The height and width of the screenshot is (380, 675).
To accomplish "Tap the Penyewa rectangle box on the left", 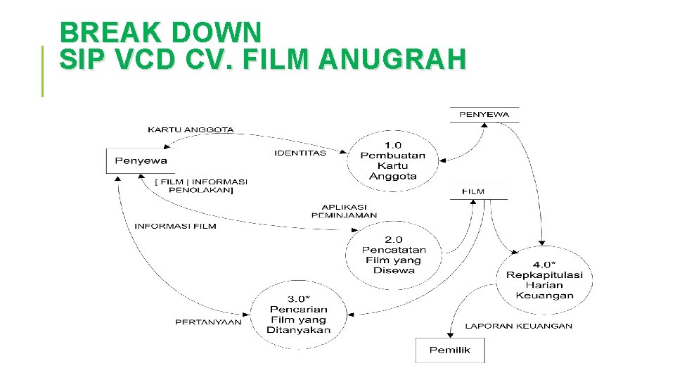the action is tap(141, 160).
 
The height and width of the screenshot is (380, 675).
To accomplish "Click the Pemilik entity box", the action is tap(449, 350).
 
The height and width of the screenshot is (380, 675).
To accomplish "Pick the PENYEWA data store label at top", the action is tap(484, 114).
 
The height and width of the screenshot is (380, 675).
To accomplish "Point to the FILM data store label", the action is tap(473, 191).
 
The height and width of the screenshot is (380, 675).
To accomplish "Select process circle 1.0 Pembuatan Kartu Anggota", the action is tap(392, 160).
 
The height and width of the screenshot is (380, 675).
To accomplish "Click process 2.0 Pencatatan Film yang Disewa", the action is tap(393, 255).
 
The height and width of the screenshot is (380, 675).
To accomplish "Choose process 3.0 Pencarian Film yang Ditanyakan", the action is tap(298, 315).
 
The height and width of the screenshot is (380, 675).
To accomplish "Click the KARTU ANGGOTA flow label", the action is tap(191, 129).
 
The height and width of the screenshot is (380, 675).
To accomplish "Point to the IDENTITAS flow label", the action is tap(300, 153).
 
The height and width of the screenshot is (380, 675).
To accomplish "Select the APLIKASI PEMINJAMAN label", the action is tap(344, 211).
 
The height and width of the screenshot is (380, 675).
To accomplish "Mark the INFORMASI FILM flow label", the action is tap(175, 226).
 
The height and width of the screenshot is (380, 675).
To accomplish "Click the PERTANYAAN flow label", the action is tap(208, 322).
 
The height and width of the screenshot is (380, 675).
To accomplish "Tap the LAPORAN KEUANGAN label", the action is tap(518, 326).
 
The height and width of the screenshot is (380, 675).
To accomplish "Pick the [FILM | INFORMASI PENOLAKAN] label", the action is tap(201, 186).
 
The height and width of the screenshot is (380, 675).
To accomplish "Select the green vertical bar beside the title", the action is tap(42, 70).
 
